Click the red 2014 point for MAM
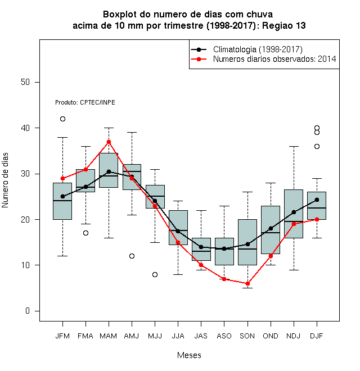tap(109, 142)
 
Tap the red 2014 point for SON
tap(247, 283)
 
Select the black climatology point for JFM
tap(62, 196)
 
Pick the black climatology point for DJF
tap(317, 200)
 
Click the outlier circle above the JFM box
tap(62, 119)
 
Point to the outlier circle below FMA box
tap(85, 233)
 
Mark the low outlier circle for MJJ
tap(155, 274)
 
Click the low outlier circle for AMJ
tap(132, 256)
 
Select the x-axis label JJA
tap(178, 336)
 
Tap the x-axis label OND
tap(271, 336)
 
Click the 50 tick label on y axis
tap(25, 82)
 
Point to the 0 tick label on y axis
tap(28, 311)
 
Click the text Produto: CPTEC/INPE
tap(85, 102)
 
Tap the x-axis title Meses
tap(189, 355)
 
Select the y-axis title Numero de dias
tap(5, 180)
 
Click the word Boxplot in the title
tap(120, 15)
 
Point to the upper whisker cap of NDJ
tap(294, 147)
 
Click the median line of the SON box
tap(247, 249)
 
